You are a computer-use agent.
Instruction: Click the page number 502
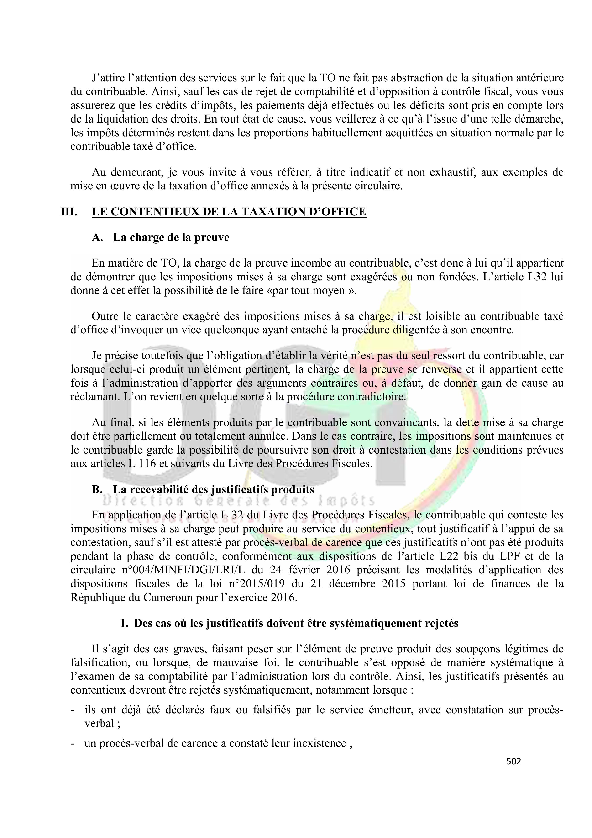click(513, 761)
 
